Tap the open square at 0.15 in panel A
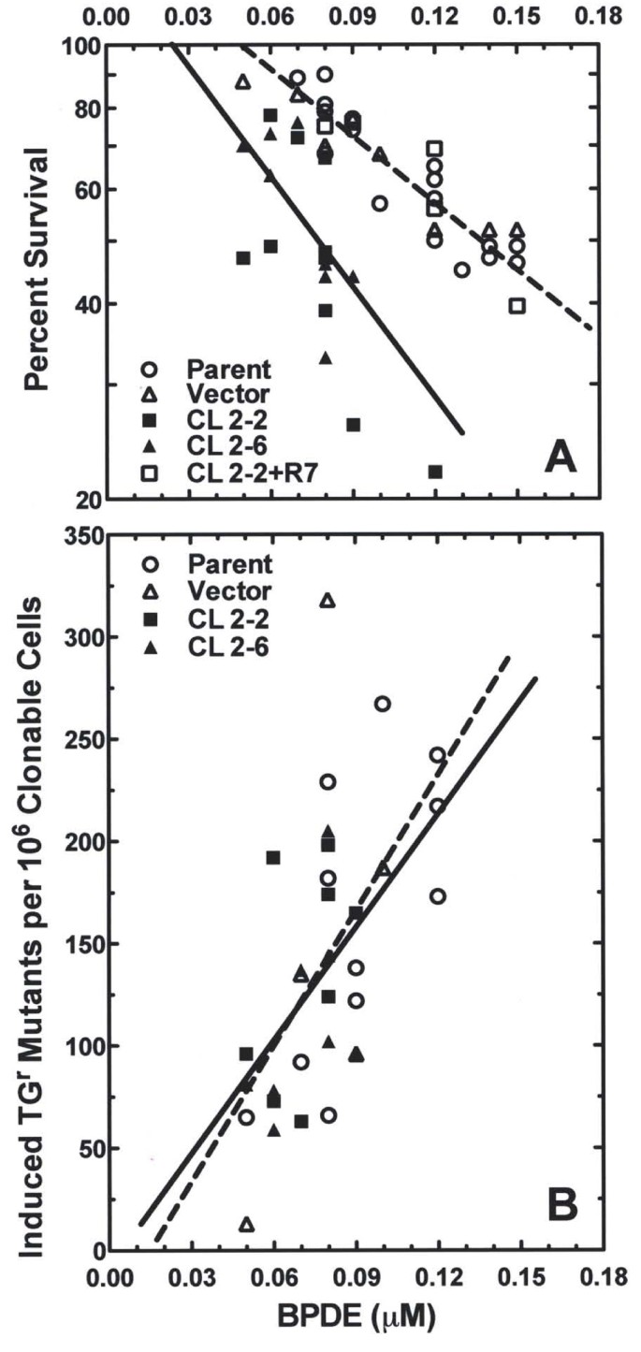[x=517, y=306]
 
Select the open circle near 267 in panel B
[x=382, y=704]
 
